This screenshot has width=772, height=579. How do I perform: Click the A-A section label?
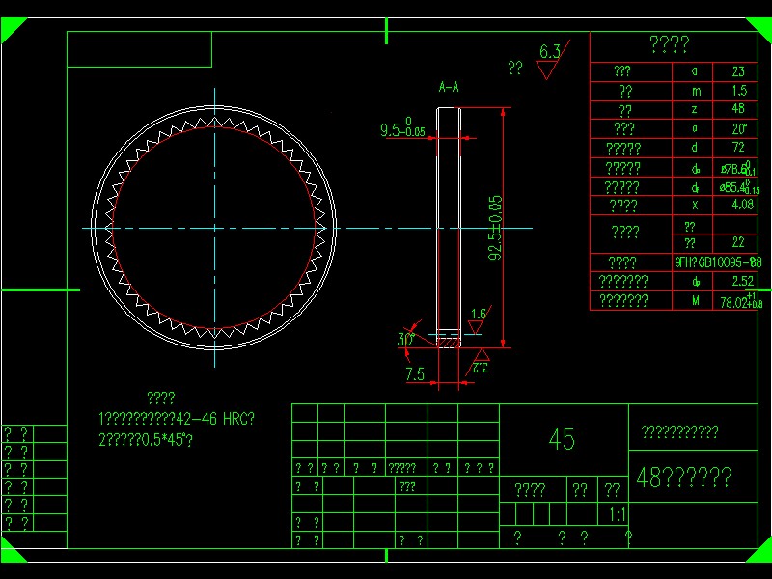[x=449, y=88]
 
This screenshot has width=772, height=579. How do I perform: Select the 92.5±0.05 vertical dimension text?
[x=495, y=228]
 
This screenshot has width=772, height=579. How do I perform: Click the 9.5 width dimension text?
[x=401, y=129]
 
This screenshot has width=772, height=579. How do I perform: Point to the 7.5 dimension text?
[x=415, y=373]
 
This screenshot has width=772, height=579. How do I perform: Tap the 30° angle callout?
[x=406, y=340]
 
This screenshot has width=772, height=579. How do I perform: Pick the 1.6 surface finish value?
[x=478, y=315]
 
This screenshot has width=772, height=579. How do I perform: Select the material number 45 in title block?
[x=562, y=440]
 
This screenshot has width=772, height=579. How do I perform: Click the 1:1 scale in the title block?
[x=618, y=514]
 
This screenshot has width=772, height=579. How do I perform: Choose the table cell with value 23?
[x=738, y=71]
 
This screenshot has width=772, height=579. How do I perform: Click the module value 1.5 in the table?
[x=738, y=91]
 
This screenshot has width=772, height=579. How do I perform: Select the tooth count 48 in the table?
[x=738, y=109]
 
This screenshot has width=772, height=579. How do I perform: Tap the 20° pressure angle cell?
[x=738, y=128]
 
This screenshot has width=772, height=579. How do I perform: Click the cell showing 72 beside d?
[x=738, y=148]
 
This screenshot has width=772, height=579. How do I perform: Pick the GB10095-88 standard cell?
[x=718, y=262]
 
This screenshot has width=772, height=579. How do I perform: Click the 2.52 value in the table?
[x=742, y=281]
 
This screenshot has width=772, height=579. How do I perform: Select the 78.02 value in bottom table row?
[x=739, y=301]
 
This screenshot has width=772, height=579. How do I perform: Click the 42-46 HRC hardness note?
[x=180, y=419]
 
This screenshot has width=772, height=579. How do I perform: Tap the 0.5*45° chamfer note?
[x=145, y=440]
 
